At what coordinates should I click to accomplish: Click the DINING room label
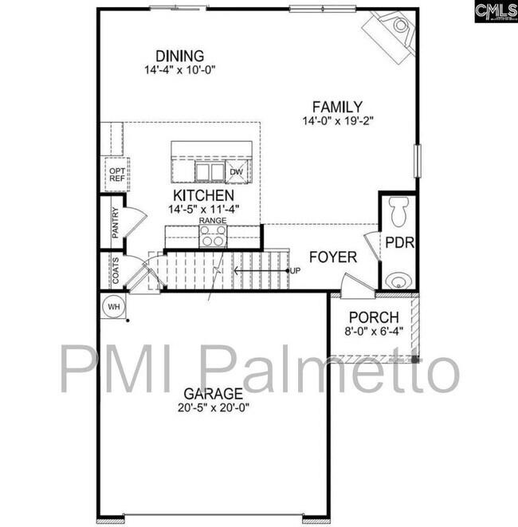tap(180, 56)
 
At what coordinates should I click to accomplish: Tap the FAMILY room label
tap(338, 107)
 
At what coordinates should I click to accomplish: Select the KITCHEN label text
tap(204, 195)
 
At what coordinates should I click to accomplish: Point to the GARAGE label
tap(213, 393)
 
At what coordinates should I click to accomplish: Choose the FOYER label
tap(333, 258)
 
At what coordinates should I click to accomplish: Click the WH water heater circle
tap(114, 306)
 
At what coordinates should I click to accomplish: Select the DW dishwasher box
tap(237, 172)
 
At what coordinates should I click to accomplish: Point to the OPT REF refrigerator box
tap(116, 175)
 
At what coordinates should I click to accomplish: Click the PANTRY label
tap(116, 224)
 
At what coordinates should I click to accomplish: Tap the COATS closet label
tap(116, 272)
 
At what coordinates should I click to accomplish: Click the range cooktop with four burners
tap(213, 236)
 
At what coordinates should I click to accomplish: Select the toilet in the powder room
tap(398, 211)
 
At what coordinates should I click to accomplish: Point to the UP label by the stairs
tap(296, 271)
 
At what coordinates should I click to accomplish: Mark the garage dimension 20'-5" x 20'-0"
tap(213, 407)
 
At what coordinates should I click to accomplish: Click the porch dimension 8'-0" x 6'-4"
tap(374, 329)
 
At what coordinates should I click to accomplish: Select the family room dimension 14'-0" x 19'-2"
tap(338, 121)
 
